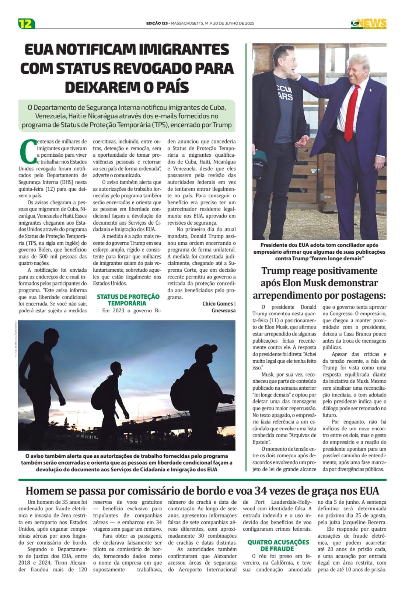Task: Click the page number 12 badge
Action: coord(26,24)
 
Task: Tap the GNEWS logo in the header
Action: coord(368,24)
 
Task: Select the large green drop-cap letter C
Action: coord(27,151)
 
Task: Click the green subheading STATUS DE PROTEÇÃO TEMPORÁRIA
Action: coord(128,300)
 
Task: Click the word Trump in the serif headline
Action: coord(276,271)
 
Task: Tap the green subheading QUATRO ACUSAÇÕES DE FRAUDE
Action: coord(278,545)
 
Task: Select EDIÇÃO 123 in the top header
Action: coord(157,23)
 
